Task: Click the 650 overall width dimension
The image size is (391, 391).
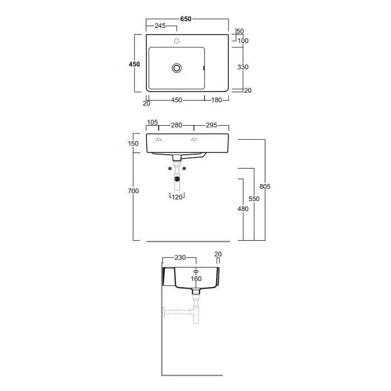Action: (186, 19)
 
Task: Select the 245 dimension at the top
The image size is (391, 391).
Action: (160, 26)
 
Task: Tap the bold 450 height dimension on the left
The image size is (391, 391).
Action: (134, 64)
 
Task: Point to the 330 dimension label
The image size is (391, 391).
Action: (243, 67)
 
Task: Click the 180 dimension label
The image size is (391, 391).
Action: (217, 100)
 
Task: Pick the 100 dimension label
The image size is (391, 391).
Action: (243, 41)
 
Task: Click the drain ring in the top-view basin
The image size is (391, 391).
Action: (177, 68)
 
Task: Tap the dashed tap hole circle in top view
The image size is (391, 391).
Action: (177, 41)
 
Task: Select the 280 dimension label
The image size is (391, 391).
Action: (177, 125)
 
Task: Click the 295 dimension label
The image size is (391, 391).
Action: (212, 125)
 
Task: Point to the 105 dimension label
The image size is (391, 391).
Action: (152, 122)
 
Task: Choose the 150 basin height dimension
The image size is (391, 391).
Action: (133, 144)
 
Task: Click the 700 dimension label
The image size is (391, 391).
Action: (133, 191)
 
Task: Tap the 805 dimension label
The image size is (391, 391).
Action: (265, 186)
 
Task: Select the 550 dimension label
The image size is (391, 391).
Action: (254, 199)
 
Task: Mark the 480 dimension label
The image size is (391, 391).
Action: (243, 209)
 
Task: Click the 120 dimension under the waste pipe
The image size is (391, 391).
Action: (177, 197)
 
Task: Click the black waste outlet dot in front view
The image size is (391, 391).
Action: (177, 179)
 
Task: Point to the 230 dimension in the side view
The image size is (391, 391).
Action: (180, 258)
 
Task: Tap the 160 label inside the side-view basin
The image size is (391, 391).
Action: (196, 279)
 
